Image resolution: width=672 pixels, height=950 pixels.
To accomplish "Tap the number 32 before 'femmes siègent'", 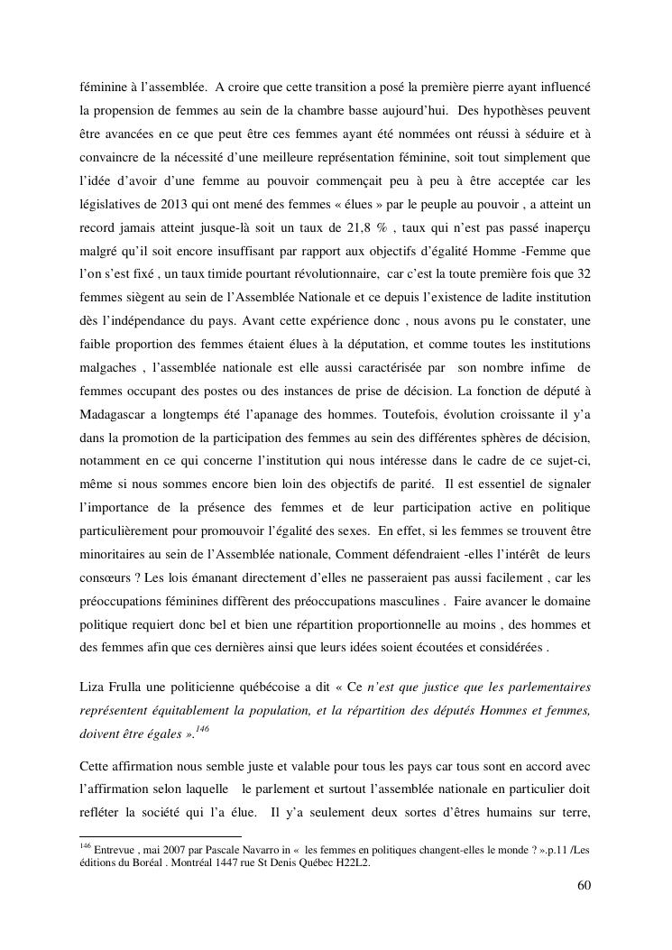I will [x=583, y=272].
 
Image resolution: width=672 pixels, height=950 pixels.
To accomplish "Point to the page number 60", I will [x=584, y=884].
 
